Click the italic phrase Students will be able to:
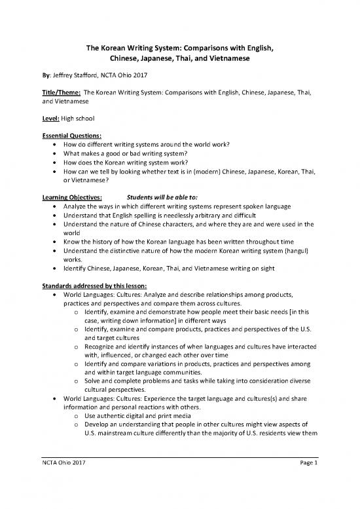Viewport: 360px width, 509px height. point(163,197)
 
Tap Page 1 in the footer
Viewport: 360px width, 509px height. point(306,483)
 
